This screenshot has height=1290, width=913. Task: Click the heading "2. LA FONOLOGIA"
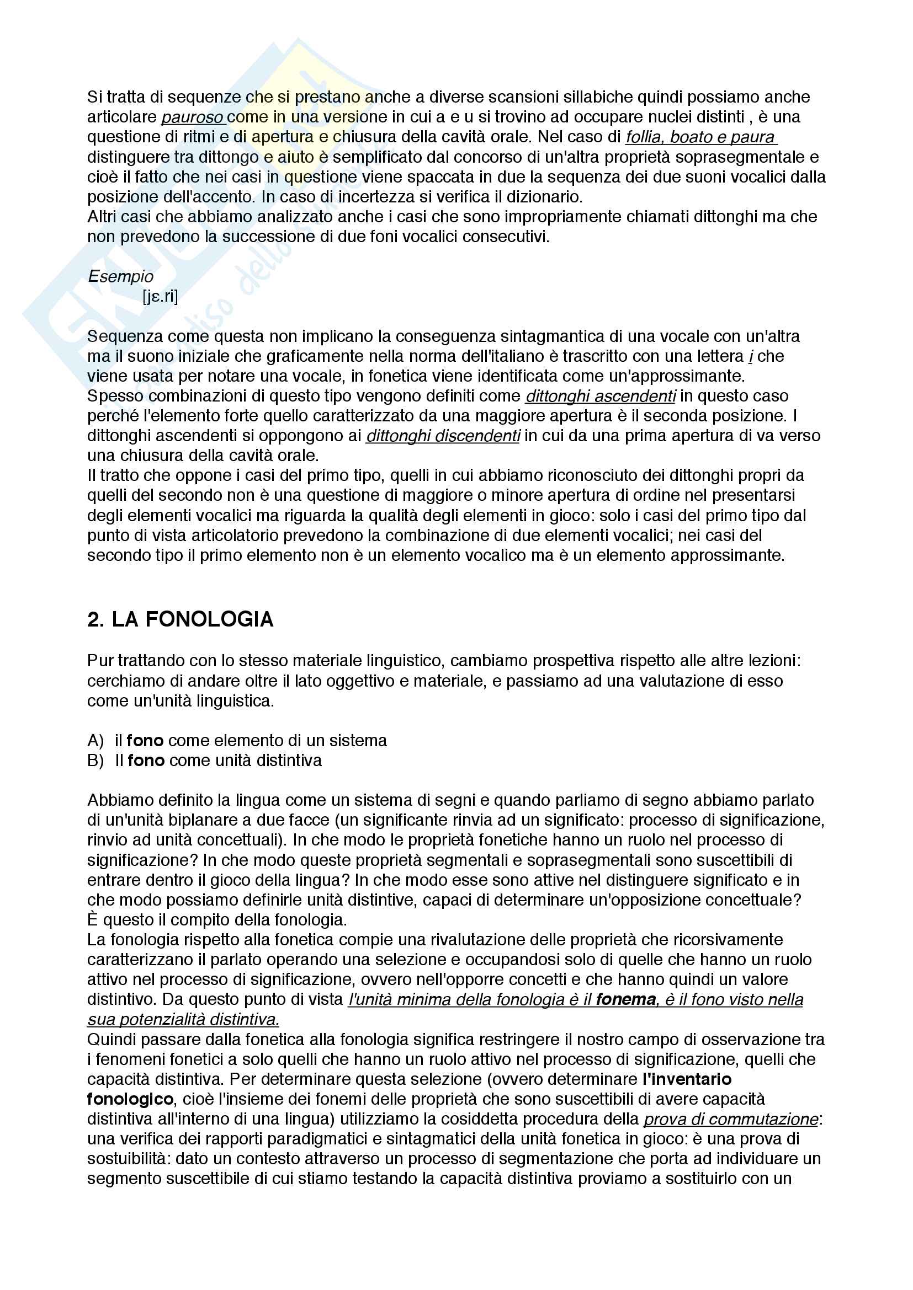(x=180, y=619)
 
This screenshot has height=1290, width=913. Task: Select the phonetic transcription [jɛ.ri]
(x=160, y=296)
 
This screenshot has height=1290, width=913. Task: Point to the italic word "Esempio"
(x=120, y=276)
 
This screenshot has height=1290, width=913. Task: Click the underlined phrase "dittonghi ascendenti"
(x=601, y=396)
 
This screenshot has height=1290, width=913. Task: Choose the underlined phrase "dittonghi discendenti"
(x=443, y=436)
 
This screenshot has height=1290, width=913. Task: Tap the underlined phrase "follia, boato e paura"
(x=700, y=137)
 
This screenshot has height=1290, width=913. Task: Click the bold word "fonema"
(x=626, y=999)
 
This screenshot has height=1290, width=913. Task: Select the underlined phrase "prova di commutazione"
(x=730, y=1119)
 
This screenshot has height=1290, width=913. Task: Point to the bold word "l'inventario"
(x=687, y=1079)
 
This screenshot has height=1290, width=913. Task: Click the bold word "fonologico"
(x=130, y=1099)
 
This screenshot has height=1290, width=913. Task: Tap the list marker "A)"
(x=95, y=741)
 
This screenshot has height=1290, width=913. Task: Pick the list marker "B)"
(x=95, y=761)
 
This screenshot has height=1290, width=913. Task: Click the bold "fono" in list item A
(x=145, y=741)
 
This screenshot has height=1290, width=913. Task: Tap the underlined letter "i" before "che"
(x=751, y=356)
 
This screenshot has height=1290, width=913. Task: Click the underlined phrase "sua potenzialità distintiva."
(x=183, y=1019)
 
